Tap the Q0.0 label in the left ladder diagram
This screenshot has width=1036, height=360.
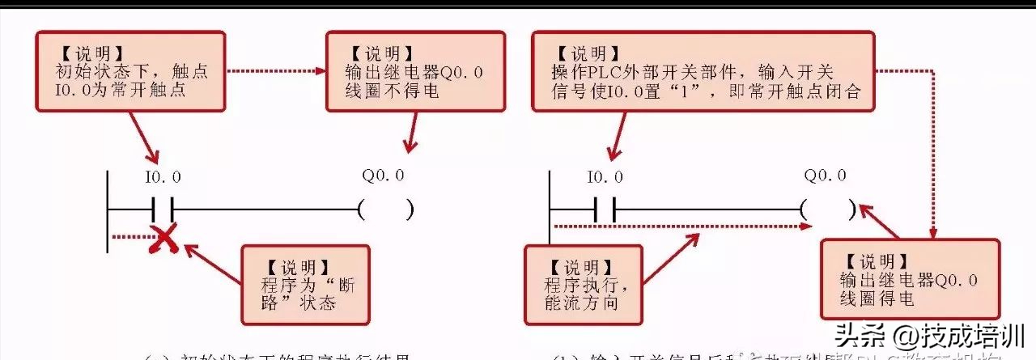coord(383,176)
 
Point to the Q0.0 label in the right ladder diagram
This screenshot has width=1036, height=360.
coord(825,176)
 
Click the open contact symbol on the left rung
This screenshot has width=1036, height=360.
coord(163,210)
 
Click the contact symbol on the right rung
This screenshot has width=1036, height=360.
coord(605,210)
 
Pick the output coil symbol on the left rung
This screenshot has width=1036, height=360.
coord(386,210)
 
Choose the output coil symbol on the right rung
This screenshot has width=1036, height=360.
coord(828,210)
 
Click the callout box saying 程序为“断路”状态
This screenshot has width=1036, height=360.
coord(306,286)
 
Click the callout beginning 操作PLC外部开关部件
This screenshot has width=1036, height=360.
coord(701,72)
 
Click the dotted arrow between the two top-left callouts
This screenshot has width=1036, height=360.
coord(275,71)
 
